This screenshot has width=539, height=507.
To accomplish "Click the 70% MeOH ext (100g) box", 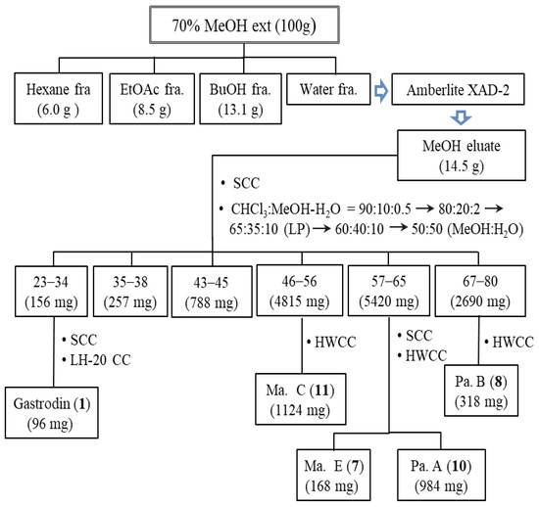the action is [244, 24].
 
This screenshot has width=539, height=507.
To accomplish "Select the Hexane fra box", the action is [58, 98].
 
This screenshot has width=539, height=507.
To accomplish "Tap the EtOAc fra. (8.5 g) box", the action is [152, 98].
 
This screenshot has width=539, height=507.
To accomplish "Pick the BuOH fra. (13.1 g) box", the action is [241, 98].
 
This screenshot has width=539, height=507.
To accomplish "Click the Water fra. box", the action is [328, 89].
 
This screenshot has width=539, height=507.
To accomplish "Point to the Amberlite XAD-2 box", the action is [458, 89].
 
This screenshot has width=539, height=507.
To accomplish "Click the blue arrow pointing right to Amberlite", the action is [381, 91].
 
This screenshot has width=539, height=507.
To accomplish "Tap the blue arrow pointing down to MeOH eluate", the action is [461, 117].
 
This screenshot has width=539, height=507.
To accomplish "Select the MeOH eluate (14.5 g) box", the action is [462, 156].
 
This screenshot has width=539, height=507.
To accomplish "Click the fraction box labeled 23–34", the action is [51, 291].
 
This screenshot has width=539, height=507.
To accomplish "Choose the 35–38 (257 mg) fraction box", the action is [130, 291].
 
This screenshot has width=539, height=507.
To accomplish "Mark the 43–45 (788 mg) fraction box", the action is [212, 292].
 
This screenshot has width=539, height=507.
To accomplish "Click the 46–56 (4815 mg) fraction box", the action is [300, 291].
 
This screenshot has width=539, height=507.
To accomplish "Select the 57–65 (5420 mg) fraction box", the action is [389, 291].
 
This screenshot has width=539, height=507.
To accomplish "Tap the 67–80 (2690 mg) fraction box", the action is [480, 291].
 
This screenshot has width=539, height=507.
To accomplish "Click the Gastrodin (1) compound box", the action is [52, 413].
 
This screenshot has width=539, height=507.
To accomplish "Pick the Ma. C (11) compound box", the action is [301, 399].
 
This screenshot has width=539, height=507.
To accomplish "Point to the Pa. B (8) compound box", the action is [481, 391].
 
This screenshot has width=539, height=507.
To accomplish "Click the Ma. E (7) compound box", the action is [333, 475].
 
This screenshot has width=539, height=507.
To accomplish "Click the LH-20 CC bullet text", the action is [97, 360].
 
